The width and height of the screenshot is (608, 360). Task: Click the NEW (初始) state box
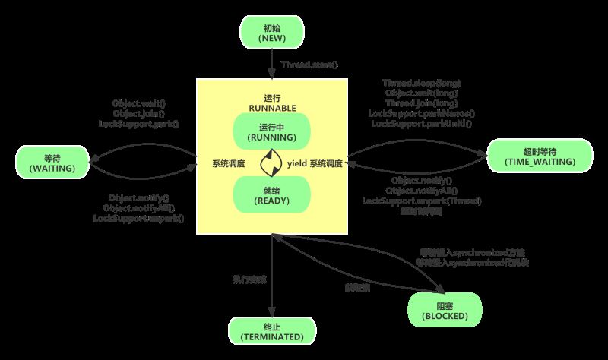point(271,31)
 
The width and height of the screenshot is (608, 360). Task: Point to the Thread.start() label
point(309,65)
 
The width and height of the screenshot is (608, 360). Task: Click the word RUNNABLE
point(271,107)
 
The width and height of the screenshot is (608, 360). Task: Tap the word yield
point(296,163)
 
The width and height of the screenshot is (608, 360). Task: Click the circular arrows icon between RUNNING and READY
point(271,163)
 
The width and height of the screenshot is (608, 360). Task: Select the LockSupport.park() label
point(144,123)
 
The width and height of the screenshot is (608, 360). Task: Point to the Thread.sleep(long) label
point(421,83)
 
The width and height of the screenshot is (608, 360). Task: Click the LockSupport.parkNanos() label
point(421,112)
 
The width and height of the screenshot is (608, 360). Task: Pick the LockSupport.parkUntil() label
point(421,122)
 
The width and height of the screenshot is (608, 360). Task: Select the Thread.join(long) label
point(421,103)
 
